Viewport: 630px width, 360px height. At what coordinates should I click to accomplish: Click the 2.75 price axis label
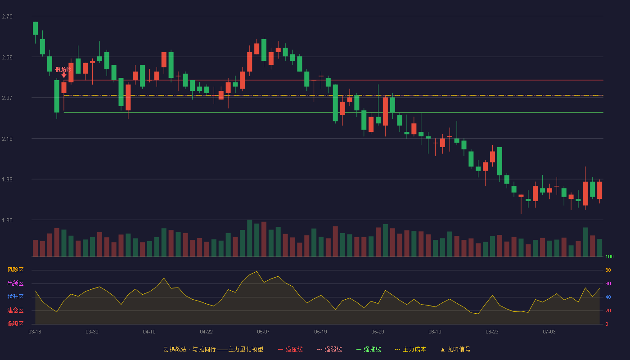click(x=7, y=17)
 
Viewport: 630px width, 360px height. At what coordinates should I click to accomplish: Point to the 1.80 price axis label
click(x=7, y=220)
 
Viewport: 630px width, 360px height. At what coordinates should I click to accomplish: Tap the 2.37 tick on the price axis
click(x=7, y=98)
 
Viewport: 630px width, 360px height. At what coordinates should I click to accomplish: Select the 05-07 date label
click(x=263, y=332)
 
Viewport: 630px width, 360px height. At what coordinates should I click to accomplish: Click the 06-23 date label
click(x=492, y=332)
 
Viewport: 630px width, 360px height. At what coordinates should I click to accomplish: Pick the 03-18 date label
click(x=35, y=332)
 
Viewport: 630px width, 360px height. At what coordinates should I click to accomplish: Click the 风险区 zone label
click(x=15, y=270)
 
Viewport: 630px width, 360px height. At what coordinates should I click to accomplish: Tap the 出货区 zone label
click(x=15, y=283)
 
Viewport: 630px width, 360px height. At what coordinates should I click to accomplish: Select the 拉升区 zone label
click(x=15, y=297)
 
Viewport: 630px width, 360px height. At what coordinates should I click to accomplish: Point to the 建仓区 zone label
click(x=15, y=310)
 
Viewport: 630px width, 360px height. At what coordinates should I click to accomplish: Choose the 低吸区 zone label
click(x=15, y=324)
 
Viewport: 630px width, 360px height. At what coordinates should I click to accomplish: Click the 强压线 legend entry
click(x=290, y=349)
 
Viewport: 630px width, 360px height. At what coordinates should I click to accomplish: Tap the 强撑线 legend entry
click(x=369, y=349)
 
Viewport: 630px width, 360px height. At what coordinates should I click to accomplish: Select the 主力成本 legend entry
click(x=410, y=349)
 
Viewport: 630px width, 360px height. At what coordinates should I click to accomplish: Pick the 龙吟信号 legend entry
click(x=455, y=349)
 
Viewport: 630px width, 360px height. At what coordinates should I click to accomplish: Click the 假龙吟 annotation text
click(x=63, y=69)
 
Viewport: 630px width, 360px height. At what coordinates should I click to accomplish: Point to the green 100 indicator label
click(x=609, y=256)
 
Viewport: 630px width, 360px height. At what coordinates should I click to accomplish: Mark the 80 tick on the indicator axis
click(x=608, y=270)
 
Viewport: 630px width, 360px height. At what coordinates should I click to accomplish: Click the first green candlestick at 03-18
click(x=35, y=28)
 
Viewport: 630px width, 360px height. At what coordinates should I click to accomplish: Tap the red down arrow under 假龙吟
click(x=64, y=75)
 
